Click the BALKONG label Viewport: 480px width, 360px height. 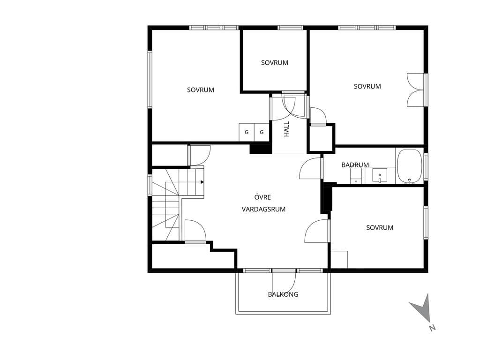coord(283,294)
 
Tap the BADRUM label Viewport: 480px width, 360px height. coord(355,165)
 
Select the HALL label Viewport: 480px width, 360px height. coord(286,129)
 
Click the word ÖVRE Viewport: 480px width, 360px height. coord(262,197)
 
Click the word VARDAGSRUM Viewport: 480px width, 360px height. coord(263,210)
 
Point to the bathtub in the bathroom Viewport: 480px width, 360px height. coord(410,166)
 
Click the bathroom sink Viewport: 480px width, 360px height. coord(380,175)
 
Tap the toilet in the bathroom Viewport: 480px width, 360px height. coord(356,177)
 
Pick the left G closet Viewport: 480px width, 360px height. coord(247,133)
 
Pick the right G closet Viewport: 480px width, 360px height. coord(262,133)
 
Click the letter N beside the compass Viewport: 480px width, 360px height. coord(432,328)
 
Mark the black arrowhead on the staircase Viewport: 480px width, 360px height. coord(202,182)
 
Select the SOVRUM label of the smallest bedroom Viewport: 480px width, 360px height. coord(275,63)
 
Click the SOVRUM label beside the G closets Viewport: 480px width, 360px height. coord(201,90)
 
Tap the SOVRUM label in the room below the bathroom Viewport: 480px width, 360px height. coord(380,228)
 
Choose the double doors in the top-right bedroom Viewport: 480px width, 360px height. coord(415,90)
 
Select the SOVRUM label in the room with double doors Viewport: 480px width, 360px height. coord(367,87)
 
